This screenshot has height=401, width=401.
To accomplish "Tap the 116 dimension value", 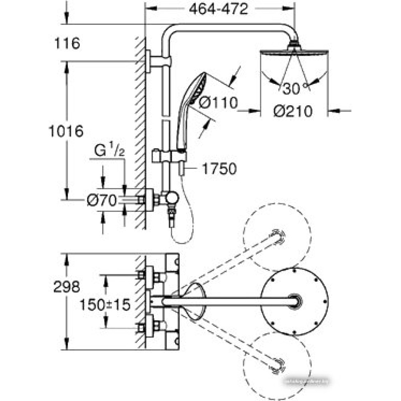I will [67, 43].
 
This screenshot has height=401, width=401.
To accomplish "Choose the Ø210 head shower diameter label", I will [293, 111].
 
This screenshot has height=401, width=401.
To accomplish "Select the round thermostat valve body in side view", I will [173, 197].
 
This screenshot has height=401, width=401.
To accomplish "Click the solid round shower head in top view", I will [295, 301].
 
